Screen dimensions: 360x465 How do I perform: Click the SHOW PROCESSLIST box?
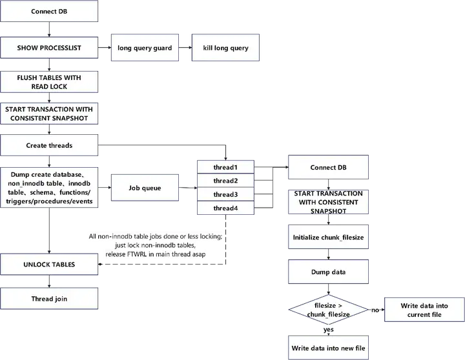tap(49, 48)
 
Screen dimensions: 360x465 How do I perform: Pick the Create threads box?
tap(49, 145)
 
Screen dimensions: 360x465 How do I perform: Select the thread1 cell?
tap(225, 167)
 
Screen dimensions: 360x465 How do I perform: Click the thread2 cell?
tap(225, 181)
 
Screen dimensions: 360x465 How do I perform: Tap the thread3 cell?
tap(225, 194)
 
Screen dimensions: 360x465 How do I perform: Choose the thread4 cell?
tap(225, 208)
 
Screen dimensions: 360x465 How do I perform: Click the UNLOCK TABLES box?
tap(49, 265)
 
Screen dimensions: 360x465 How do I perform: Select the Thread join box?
tap(49, 299)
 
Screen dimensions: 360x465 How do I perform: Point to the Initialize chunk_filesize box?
tap(328, 237)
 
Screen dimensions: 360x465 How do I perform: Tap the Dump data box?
tap(328, 272)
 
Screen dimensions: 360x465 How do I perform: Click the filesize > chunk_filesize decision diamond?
tap(328, 310)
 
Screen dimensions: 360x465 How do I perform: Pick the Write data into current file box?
tap(424, 310)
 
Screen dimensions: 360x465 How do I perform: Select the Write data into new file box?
tap(328, 348)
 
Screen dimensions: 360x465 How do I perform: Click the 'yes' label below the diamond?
tap(328, 329)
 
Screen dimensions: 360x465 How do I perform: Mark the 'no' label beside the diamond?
tap(374, 310)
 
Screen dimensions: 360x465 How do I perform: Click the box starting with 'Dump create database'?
tap(49, 188)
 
